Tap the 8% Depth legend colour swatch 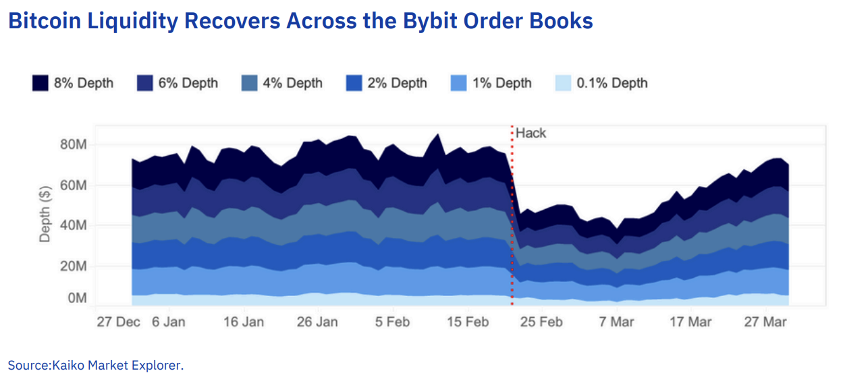tap(40, 83)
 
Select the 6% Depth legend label tap(188, 83)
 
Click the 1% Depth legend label tap(501, 83)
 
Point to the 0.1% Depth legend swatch tap(563, 83)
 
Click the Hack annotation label tap(531, 133)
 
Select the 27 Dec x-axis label tap(118, 322)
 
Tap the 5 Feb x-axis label tap(389, 322)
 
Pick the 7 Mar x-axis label tap(616, 322)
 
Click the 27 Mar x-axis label tap(765, 322)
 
